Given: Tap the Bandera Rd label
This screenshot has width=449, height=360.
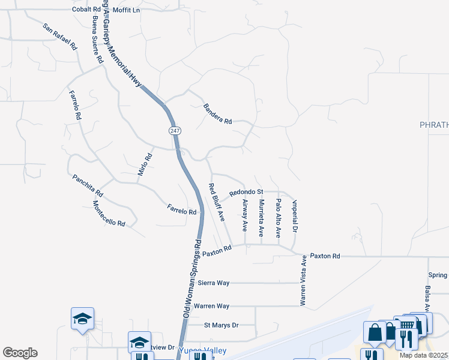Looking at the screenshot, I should point(217,113).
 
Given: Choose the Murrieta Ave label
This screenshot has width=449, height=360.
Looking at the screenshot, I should point(261,218).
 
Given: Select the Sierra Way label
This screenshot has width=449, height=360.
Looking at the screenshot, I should point(214,283).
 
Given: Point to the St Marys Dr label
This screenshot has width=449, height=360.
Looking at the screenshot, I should point(221,325).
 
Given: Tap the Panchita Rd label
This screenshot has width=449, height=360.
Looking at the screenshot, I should point(88,186).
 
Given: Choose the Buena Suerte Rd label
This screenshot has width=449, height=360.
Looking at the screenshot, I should point(96,40).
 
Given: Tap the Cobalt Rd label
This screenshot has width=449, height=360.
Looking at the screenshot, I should point(86,10).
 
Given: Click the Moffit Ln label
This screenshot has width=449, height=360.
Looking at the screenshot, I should point(125,10).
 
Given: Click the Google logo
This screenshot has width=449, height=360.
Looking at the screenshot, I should point(20,353).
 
